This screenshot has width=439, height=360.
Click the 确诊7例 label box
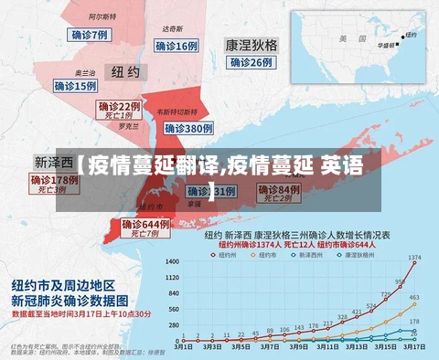tap(90, 35)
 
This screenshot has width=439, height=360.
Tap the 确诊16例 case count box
tap(176, 46)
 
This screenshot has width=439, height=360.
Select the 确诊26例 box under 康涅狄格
tap(251, 62)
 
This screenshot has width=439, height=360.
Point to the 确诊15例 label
tap(75, 86)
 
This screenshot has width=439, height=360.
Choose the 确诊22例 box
tap(120, 107)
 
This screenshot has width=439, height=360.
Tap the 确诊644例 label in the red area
tap(146, 225)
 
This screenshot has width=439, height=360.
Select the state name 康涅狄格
tap(252, 44)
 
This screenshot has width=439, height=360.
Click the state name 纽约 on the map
tap(125, 71)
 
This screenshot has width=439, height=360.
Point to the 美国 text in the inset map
tap(345, 39)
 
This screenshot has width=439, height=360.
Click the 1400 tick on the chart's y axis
tap(172, 262)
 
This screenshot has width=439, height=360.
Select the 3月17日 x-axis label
tap(414, 348)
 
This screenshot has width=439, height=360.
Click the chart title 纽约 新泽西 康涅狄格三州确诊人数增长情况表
tap(297, 235)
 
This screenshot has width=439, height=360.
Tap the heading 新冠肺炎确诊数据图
tap(72, 299)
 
